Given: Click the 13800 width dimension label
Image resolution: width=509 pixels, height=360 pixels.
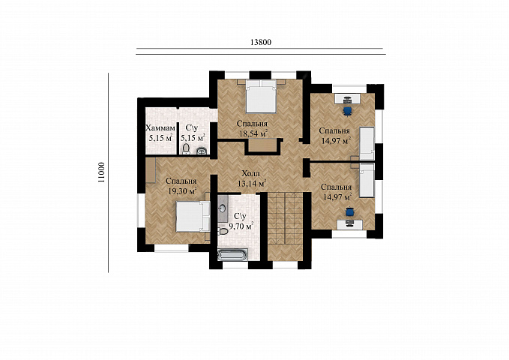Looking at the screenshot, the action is (261, 42).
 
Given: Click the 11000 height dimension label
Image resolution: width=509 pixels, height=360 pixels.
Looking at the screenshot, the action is (102, 172).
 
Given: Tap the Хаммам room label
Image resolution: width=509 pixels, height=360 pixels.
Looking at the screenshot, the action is (160, 127).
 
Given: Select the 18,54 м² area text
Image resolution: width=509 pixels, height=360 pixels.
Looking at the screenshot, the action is (253, 133).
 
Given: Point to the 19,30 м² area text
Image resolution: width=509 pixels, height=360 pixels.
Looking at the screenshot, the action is (182, 190).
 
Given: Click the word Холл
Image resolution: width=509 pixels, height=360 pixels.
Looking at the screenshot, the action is (251, 173).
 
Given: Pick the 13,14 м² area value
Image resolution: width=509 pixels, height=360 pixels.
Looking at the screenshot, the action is (252, 183).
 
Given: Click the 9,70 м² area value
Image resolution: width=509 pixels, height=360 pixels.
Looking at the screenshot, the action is (241, 226).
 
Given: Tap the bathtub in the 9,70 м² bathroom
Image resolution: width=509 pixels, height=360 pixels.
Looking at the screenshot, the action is (233, 254).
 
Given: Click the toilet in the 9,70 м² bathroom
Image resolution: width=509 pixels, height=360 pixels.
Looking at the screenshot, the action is (223, 232).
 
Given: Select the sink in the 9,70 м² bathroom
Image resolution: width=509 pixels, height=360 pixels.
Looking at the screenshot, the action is (223, 208).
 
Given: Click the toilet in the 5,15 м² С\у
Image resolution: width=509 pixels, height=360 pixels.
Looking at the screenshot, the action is (186, 148).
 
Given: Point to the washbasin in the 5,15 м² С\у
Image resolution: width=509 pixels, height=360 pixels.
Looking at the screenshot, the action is (202, 151).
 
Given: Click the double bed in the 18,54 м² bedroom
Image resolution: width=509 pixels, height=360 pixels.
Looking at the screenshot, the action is (262, 96).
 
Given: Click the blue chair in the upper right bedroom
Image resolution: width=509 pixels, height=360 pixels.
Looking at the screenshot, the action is (348, 111).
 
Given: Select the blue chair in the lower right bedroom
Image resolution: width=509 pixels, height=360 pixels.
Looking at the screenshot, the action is (349, 211).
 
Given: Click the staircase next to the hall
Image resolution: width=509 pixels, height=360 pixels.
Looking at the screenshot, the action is (286, 218).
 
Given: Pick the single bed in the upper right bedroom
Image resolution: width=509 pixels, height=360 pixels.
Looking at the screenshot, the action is (367, 143).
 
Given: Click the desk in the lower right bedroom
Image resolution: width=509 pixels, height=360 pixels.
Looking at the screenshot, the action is (350, 224).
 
